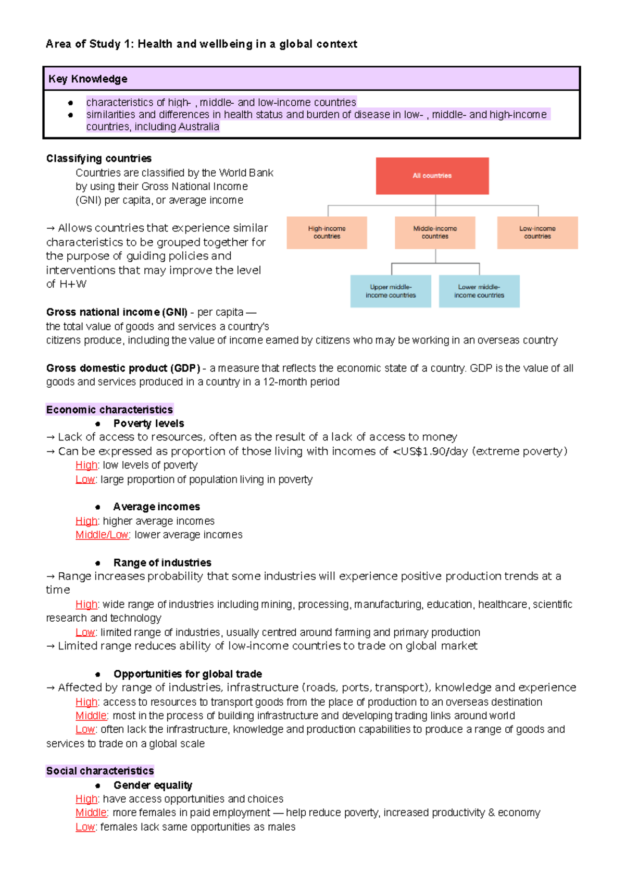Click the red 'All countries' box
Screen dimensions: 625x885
(x=432, y=176)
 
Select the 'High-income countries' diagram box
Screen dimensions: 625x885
(x=327, y=232)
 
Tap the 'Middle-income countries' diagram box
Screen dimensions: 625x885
(x=435, y=232)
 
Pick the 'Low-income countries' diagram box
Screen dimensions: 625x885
(x=537, y=232)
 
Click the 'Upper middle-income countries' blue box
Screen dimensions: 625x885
(x=391, y=291)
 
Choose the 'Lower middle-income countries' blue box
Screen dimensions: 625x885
(x=479, y=291)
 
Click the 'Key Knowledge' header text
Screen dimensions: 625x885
(x=87, y=79)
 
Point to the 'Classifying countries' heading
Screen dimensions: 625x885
(x=99, y=158)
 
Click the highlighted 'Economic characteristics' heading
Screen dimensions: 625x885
(x=109, y=410)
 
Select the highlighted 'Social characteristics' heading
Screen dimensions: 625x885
(x=100, y=771)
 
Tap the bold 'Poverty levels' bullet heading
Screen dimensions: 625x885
(x=148, y=423)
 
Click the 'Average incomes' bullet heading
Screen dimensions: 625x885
(x=156, y=507)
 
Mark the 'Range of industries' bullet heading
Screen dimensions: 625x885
(x=162, y=562)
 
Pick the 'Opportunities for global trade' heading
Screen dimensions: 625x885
(x=187, y=674)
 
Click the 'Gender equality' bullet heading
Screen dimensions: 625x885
(x=153, y=785)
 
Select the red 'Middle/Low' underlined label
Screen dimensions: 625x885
(x=102, y=535)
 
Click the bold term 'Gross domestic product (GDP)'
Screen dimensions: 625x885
(x=123, y=368)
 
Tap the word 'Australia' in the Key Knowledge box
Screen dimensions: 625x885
(x=198, y=127)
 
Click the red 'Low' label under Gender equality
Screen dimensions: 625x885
(x=85, y=827)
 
